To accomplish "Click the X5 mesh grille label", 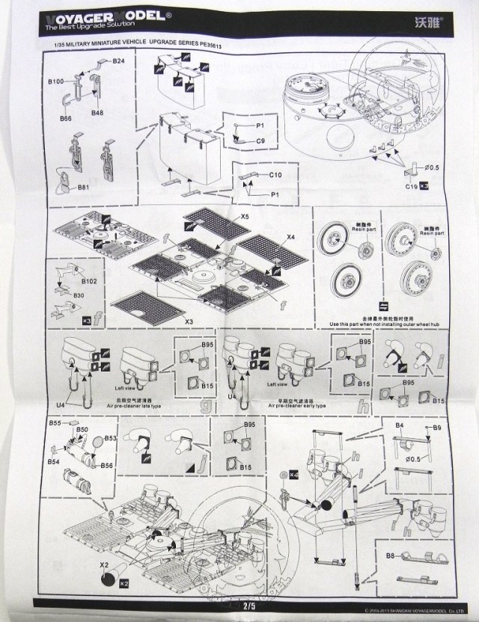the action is click(245, 215).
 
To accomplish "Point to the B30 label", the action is click(78, 296).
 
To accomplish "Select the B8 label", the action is click(390, 555).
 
